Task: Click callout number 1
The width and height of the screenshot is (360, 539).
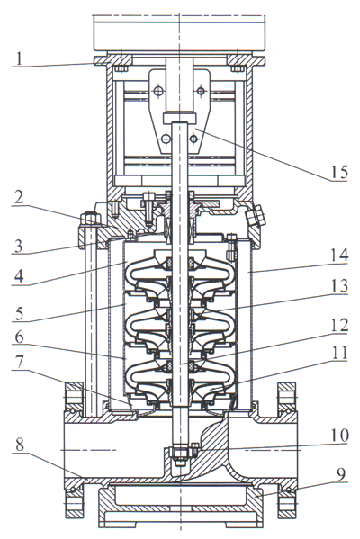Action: [x=20, y=58]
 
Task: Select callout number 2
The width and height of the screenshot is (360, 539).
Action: [x=19, y=198]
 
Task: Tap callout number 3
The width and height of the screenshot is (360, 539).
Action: [x=18, y=246]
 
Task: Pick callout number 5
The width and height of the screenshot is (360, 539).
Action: [x=19, y=313]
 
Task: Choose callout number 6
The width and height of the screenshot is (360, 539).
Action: [x=19, y=338]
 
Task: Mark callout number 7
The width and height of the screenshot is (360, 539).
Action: [x=19, y=362]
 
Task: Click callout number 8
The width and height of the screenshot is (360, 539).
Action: [x=20, y=445]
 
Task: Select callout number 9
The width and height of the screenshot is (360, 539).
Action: [x=340, y=475]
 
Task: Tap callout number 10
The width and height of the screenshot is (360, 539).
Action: [x=339, y=436]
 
